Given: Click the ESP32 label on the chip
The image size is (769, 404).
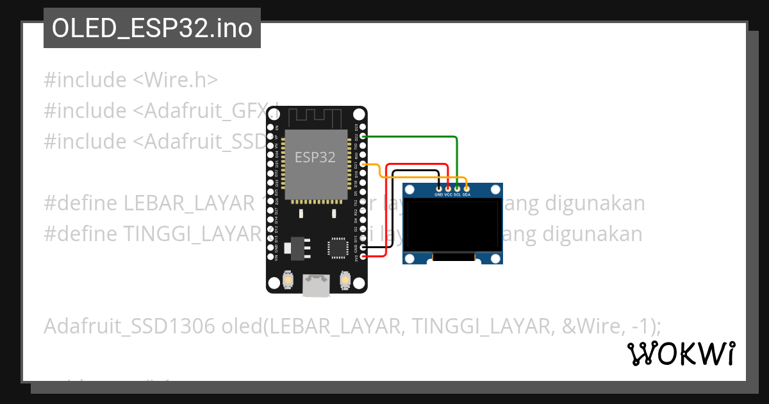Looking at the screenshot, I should click(x=315, y=157).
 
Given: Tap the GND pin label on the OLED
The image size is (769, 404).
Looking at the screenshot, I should click(x=438, y=194).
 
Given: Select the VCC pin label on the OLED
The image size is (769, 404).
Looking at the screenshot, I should click(x=448, y=194).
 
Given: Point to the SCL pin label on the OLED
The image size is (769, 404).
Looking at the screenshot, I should click(x=458, y=194).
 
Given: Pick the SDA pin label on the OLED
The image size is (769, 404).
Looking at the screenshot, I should click(x=467, y=194).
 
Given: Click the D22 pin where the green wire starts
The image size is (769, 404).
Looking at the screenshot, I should click(x=363, y=137).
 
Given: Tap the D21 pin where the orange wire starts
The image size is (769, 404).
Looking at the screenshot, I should click(x=363, y=164).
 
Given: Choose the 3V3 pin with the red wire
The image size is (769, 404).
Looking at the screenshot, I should click(x=363, y=257).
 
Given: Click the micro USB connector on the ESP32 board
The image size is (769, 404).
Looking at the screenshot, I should click(x=317, y=285).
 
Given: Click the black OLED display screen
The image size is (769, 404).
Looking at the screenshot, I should click(x=452, y=224).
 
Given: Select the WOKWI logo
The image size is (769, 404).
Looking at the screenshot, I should click(x=681, y=353).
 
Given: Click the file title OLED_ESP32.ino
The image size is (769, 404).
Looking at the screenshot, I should click(x=152, y=28).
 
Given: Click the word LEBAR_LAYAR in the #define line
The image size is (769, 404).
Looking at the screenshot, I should click(x=189, y=203).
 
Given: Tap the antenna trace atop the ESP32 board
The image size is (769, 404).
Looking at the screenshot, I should click(x=317, y=117).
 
